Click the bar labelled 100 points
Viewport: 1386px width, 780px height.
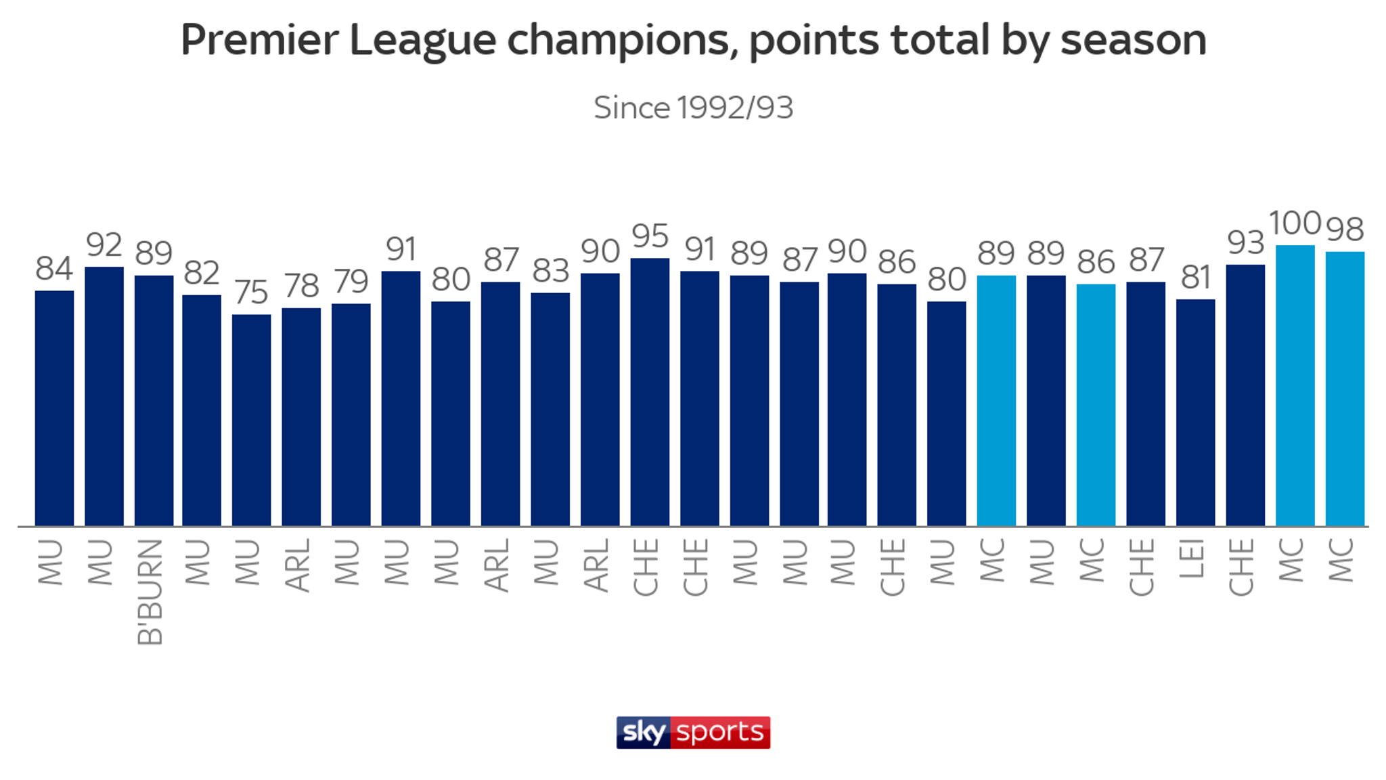click(x=1295, y=386)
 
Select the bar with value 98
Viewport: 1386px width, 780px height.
click(x=1345, y=389)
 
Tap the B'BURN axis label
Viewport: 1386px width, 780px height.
click(x=150, y=592)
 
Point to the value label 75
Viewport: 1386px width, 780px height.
click(x=251, y=292)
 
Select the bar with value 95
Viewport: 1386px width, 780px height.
click(x=650, y=393)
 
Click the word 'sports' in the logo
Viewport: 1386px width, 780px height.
click(x=720, y=732)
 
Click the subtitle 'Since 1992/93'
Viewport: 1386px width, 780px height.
click(x=693, y=108)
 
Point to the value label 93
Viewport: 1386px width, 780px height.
click(x=1245, y=242)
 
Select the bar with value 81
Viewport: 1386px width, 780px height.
click(x=1195, y=413)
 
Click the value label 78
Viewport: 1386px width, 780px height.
click(x=301, y=286)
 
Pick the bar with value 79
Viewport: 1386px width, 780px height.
click(x=351, y=414)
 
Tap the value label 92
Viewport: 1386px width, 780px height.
click(x=104, y=245)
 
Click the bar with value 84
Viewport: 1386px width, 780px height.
click(x=54, y=408)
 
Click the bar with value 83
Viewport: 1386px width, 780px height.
click(x=550, y=410)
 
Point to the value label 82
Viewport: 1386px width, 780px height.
click(x=202, y=273)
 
